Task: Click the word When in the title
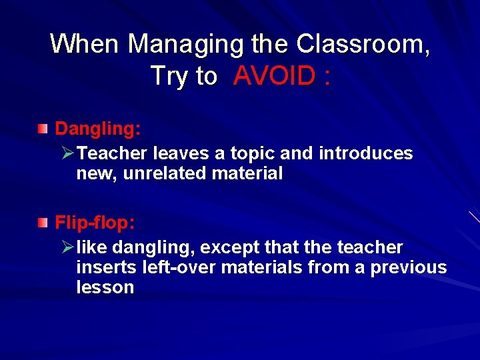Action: pos(85,45)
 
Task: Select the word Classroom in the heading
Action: pos(361,45)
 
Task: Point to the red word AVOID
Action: pos(275,77)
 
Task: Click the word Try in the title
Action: pos(169,77)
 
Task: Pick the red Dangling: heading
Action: pos(97,127)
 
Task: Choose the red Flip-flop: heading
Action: pos(98,221)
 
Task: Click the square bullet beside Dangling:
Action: pos(43,127)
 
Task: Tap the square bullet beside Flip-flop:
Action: pos(43,221)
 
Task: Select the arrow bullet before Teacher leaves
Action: pos(67,154)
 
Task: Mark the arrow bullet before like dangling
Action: pos(67,248)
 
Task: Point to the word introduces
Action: pos(366,154)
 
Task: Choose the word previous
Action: pos(409,267)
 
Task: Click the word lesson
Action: pos(105,287)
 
